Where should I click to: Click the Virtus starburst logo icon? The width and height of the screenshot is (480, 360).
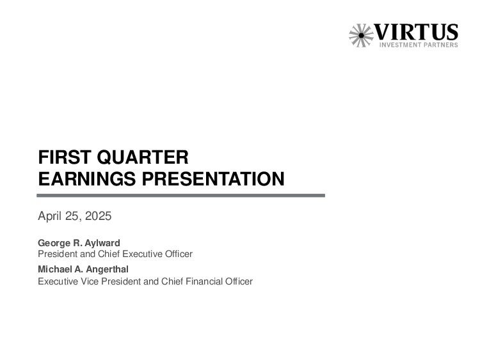pyautogui.click(x=361, y=35)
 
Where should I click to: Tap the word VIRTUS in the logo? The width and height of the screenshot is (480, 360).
pyautogui.click(x=417, y=32)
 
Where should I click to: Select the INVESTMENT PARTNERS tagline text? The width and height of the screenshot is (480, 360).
pyautogui.click(x=419, y=45)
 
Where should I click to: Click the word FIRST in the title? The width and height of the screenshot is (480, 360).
pyautogui.click(x=65, y=157)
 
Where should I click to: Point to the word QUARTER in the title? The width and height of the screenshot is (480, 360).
pyautogui.click(x=143, y=157)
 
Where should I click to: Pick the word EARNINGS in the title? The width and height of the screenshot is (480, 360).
pyautogui.click(x=87, y=179)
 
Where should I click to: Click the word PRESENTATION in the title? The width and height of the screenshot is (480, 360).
pyautogui.click(x=213, y=179)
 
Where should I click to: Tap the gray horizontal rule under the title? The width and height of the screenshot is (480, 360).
pyautogui.click(x=181, y=196)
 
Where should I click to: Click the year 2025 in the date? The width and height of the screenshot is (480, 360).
pyautogui.click(x=99, y=216)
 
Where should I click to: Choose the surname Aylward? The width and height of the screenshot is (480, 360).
pyautogui.click(x=102, y=243)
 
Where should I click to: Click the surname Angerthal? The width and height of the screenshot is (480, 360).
pyautogui.click(x=107, y=269)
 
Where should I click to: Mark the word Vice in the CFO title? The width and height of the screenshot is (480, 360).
pyautogui.click(x=90, y=281)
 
